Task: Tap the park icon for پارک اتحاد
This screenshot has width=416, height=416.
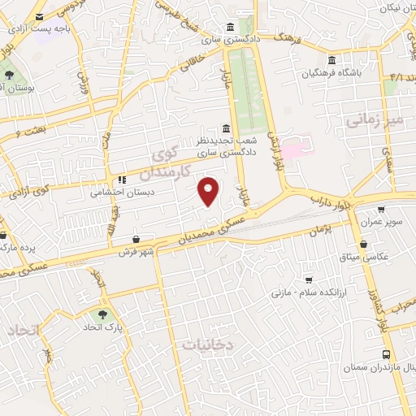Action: (102, 314)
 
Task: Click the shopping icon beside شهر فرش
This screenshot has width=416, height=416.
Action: (136, 240)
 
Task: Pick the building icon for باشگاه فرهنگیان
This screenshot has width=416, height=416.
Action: (331, 61)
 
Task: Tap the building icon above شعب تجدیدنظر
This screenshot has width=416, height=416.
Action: (226, 128)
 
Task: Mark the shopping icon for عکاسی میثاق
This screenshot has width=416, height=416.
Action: (364, 243)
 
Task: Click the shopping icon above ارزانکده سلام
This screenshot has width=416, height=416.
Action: (307, 279)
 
